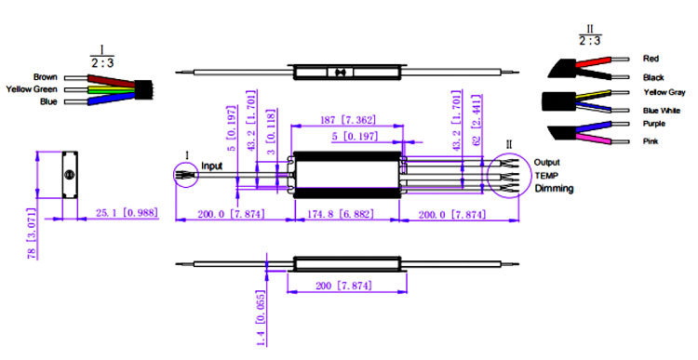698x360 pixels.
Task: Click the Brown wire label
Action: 45,77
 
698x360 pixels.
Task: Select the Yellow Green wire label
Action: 32,89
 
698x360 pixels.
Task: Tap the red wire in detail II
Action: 593,61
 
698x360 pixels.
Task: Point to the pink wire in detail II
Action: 594,139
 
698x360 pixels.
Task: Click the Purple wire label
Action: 654,124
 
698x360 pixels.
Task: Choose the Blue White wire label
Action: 662,111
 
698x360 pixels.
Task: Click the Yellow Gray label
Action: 664,92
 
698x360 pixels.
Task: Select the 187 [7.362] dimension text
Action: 348,120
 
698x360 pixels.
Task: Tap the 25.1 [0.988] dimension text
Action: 128,213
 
